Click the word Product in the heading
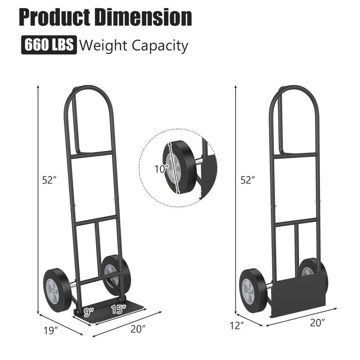(x=55, y=17)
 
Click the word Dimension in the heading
(x=143, y=17)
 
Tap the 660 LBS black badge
(x=49, y=45)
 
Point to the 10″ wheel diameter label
(x=162, y=169)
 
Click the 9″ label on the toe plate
(x=89, y=311)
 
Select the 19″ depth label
(x=50, y=331)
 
